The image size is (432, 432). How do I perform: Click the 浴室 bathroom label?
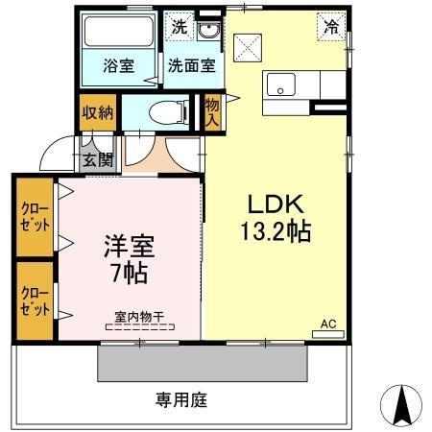(x=119, y=66)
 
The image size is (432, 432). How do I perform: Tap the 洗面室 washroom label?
(x=192, y=66)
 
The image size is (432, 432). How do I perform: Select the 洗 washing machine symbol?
(x=180, y=28)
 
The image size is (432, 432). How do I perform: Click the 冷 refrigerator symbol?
(x=331, y=29)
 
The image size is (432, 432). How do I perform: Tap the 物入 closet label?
(x=211, y=112)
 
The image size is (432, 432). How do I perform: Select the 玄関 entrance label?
(x=97, y=159)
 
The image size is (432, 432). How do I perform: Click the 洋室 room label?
(x=129, y=246)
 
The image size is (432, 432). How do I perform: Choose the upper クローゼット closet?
(x=35, y=216)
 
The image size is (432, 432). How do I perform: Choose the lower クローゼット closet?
(x=35, y=300)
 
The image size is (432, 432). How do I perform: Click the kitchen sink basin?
(x=281, y=85)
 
